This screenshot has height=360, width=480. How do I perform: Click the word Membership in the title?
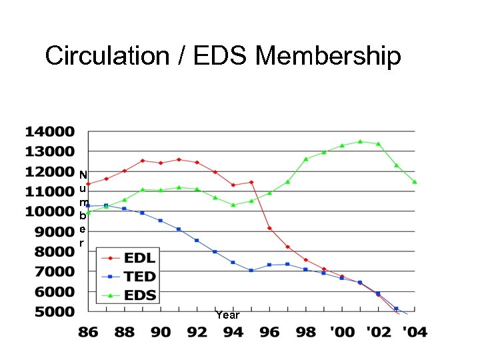coord(328,56)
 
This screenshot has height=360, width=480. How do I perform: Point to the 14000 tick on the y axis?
coord(50,131)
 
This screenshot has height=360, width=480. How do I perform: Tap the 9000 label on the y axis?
coord(50,231)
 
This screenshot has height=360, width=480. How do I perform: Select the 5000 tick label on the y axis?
coord(50,311)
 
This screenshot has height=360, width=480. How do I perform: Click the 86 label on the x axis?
coord(88,332)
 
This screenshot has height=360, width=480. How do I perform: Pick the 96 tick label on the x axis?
coord(269,332)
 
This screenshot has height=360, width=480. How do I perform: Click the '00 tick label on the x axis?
coord(341,332)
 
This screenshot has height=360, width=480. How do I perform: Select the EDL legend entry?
coord(139,258)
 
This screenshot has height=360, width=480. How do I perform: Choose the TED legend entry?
coord(139,276)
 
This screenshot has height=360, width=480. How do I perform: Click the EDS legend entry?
coord(139,295)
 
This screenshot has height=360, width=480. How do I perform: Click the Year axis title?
coord(227,315)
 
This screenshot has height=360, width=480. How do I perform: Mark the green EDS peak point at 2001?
coord(360,141)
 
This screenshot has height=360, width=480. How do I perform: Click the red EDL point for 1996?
coord(269,228)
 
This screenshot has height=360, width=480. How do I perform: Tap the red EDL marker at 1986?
coord(88,184)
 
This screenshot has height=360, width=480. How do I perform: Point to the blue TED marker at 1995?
coord(251,271)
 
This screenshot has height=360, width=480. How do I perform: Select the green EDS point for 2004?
coord(415,181)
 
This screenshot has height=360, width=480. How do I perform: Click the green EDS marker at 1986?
coord(88,212)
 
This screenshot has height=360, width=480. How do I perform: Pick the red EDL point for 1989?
coord(142,161)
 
